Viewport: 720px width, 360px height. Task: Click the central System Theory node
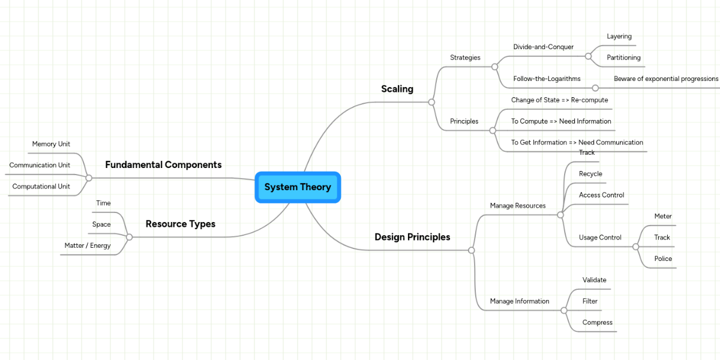[298, 187]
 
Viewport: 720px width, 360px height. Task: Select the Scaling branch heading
[397, 89]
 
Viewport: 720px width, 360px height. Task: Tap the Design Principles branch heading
[412, 237]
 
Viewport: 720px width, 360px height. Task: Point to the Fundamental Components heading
[163, 165]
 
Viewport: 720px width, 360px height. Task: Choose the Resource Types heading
[180, 224]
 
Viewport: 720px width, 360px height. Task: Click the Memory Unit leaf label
[51, 144]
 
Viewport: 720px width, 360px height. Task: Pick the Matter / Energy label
[88, 245]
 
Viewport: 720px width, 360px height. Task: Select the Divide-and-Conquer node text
[543, 47]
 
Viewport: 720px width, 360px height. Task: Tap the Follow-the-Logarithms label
[547, 79]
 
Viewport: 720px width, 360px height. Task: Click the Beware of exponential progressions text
[665, 79]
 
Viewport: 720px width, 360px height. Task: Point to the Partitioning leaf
[623, 58]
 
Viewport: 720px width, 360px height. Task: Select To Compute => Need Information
[561, 121]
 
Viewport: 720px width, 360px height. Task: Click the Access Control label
[601, 195]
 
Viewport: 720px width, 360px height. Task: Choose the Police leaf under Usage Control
[663, 259]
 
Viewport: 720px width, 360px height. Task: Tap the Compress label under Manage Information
[597, 322]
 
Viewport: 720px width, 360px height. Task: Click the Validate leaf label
[594, 280]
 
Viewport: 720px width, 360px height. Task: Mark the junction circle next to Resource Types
[129, 237]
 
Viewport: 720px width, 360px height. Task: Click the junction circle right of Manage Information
[563, 310]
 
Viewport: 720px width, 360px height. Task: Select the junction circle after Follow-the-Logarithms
[595, 88]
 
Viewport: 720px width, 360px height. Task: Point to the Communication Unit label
[40, 165]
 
